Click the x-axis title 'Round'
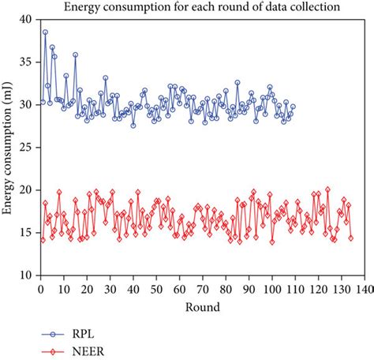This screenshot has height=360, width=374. (204, 306)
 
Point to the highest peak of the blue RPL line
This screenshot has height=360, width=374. (45, 32)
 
